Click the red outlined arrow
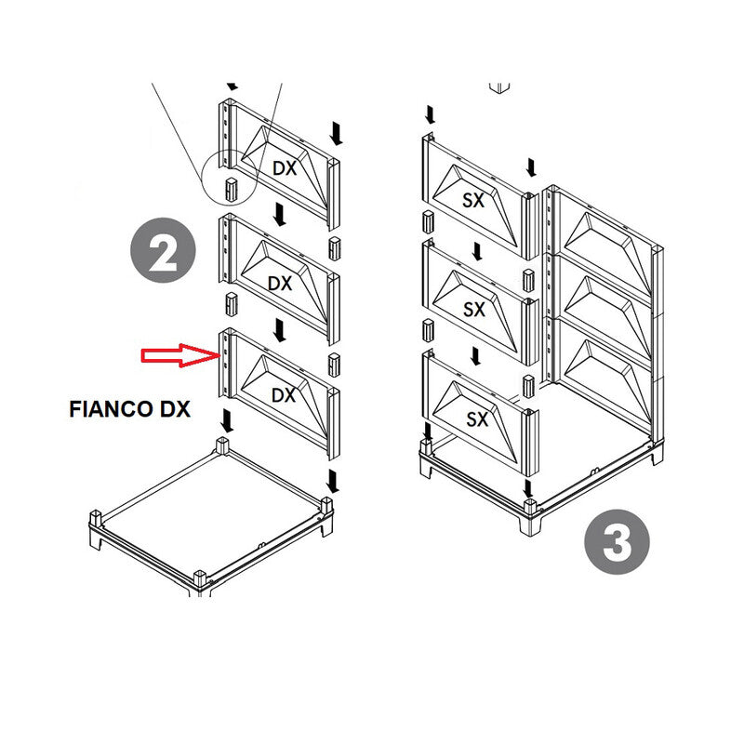tap(177, 354)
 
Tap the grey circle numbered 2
tap(163, 252)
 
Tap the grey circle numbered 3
tap(617, 542)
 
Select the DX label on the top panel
tap(284, 167)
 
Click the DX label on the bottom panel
tap(283, 395)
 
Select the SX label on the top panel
tap(474, 199)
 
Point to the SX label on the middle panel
tap(474, 310)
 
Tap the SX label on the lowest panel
tap(476, 419)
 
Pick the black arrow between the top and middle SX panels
tap(477, 252)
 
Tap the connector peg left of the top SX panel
tap(429, 221)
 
